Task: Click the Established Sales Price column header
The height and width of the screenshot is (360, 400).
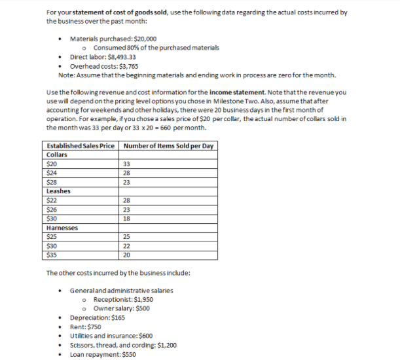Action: click(x=81, y=145)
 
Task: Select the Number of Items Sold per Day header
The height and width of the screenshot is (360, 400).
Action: click(x=168, y=145)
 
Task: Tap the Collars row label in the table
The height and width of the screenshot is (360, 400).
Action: click(x=58, y=154)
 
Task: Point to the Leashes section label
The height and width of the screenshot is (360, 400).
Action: click(x=60, y=191)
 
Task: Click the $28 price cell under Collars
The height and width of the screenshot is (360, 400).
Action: click(x=52, y=182)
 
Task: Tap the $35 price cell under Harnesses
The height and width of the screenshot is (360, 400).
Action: click(x=52, y=255)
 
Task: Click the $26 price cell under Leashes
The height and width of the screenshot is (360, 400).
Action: click(x=52, y=209)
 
